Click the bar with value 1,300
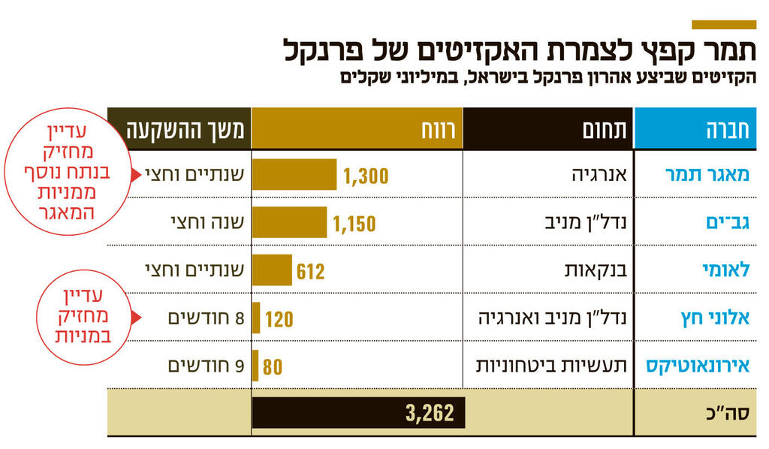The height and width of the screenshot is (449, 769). pos(294,175)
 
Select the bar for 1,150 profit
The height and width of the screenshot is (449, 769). pos(289,223)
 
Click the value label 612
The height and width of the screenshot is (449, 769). pos(310,271)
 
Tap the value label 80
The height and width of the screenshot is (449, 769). pos(273,367)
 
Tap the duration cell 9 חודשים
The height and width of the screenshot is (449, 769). pos(207,366)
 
